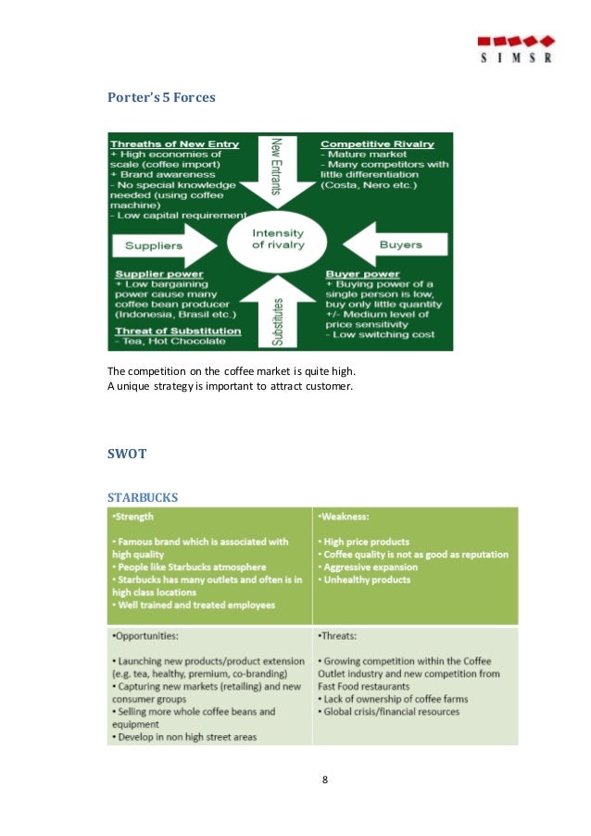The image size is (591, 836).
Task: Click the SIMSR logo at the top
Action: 516,47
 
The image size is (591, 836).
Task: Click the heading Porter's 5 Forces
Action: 161,95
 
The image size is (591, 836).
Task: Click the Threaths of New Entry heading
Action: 174,144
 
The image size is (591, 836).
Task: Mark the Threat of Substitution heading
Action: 176,331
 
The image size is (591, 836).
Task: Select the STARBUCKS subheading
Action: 143,497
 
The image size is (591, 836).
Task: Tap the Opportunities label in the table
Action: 146,638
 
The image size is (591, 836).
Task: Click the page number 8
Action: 325,779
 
